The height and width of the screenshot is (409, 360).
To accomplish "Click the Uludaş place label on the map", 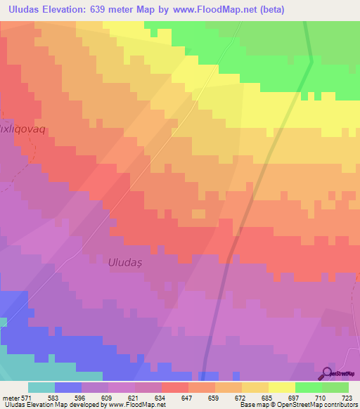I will (125, 262).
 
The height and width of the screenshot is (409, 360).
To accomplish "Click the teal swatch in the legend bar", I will (41, 387).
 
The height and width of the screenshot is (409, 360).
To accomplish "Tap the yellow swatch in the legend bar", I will (282, 387).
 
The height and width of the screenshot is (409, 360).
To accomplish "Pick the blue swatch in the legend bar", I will (68, 387).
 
